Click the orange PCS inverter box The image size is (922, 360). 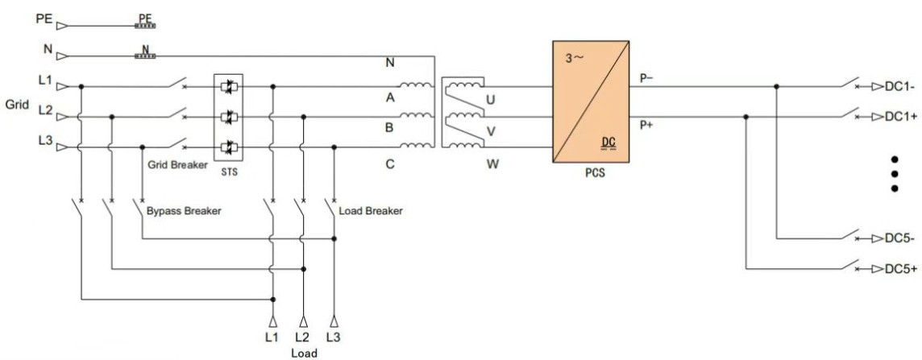tap(590, 101)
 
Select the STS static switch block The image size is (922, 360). tap(228, 118)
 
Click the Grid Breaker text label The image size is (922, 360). tap(176, 164)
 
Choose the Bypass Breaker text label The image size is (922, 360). tap(184, 211)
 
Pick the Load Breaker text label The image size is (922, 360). tap(372, 211)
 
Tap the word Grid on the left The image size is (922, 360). tap(17, 104)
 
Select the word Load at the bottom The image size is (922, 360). tap(304, 352)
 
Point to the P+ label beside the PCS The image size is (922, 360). tap(647, 125)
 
